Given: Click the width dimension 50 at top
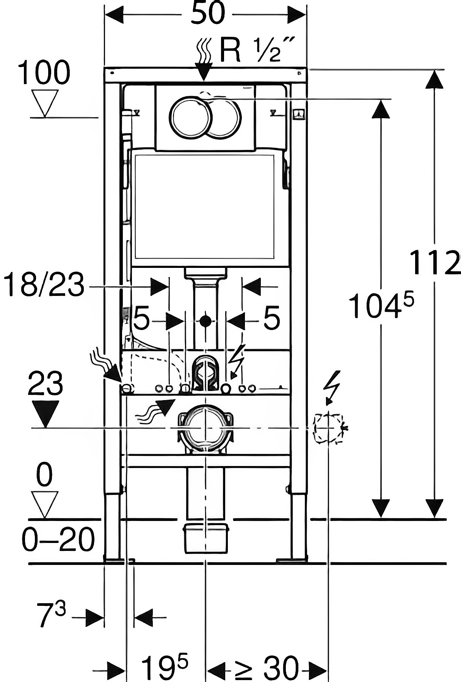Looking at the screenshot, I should click(x=207, y=14).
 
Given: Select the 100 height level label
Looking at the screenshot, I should click(x=44, y=73).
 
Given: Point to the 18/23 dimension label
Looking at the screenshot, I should click(x=44, y=285).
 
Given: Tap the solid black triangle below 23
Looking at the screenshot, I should click(x=45, y=414).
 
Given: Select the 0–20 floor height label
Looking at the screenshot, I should click(x=58, y=540).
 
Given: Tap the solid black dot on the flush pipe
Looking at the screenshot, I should click(x=205, y=321).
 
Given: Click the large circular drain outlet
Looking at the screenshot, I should click(x=205, y=427).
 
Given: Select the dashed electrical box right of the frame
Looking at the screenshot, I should click(x=328, y=428).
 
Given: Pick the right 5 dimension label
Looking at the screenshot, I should click(x=271, y=318).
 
